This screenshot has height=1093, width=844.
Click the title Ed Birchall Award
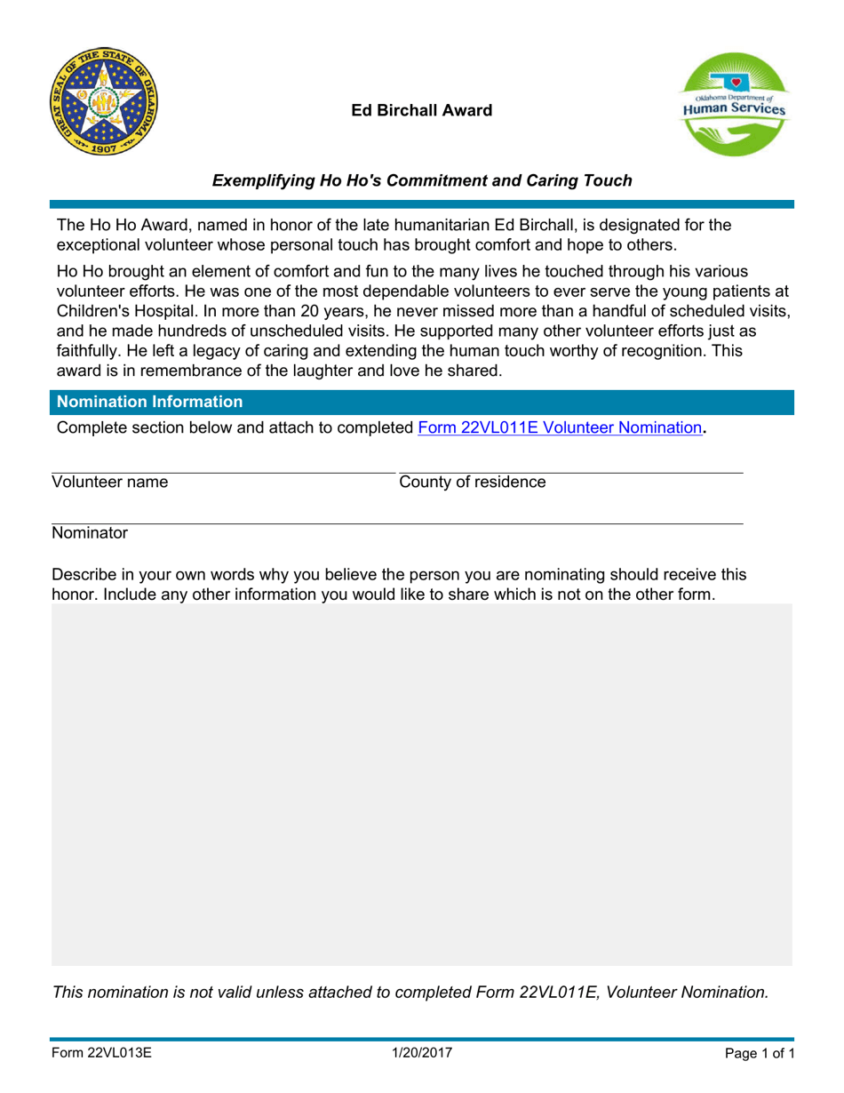[421, 111]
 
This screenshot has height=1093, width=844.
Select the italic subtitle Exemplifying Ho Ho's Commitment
[421, 181]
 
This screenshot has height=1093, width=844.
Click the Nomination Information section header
[149, 402]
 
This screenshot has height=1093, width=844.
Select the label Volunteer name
[110, 483]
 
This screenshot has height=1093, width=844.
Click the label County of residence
[473, 483]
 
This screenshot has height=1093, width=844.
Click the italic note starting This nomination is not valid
[410, 993]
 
